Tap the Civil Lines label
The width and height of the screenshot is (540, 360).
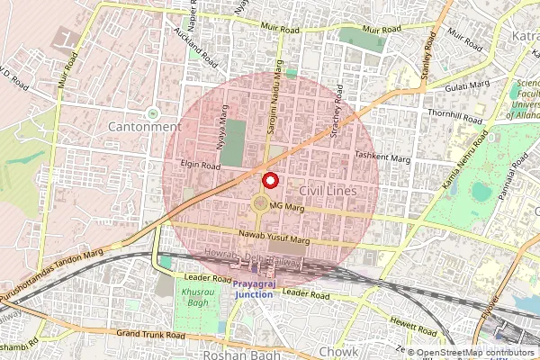tap(328, 192)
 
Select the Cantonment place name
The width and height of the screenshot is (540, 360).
tap(151, 127)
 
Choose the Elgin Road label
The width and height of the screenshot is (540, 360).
tap(199, 166)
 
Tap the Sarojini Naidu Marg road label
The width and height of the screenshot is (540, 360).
tap(277, 105)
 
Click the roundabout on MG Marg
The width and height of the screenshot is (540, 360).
tap(261, 205)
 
